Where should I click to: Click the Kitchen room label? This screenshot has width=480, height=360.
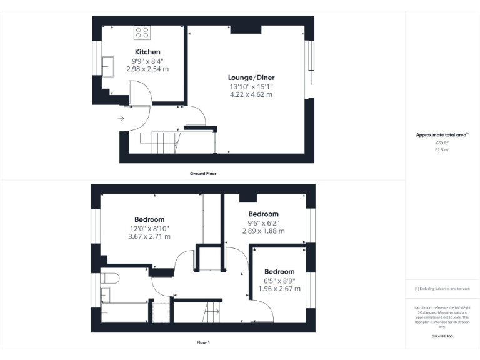click(147, 52)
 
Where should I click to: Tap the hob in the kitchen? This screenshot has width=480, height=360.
click(142, 32)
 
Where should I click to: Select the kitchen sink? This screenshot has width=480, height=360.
click(107, 64)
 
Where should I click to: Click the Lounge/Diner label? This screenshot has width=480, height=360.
click(251, 77)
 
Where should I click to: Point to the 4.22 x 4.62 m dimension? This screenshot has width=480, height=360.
click(251, 94)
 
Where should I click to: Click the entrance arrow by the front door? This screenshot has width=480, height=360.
click(120, 117)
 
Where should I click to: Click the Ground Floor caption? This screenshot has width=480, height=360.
click(202, 173)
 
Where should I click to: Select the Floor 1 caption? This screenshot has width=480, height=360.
click(203, 342)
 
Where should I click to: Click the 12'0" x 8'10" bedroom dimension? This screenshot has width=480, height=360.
click(149, 228)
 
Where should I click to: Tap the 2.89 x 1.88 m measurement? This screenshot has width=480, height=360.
click(263, 231)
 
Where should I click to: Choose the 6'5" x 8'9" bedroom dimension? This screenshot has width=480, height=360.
click(279, 281)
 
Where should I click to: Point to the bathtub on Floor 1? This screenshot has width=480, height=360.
click(123, 312)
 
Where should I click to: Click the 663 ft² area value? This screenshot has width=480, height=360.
click(442, 143)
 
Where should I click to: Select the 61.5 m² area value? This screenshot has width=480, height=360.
click(442, 150)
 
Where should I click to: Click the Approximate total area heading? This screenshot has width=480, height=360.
click(441, 135)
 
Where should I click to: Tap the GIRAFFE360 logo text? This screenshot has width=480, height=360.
click(442, 336)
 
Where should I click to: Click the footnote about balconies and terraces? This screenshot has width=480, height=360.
click(442, 289)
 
